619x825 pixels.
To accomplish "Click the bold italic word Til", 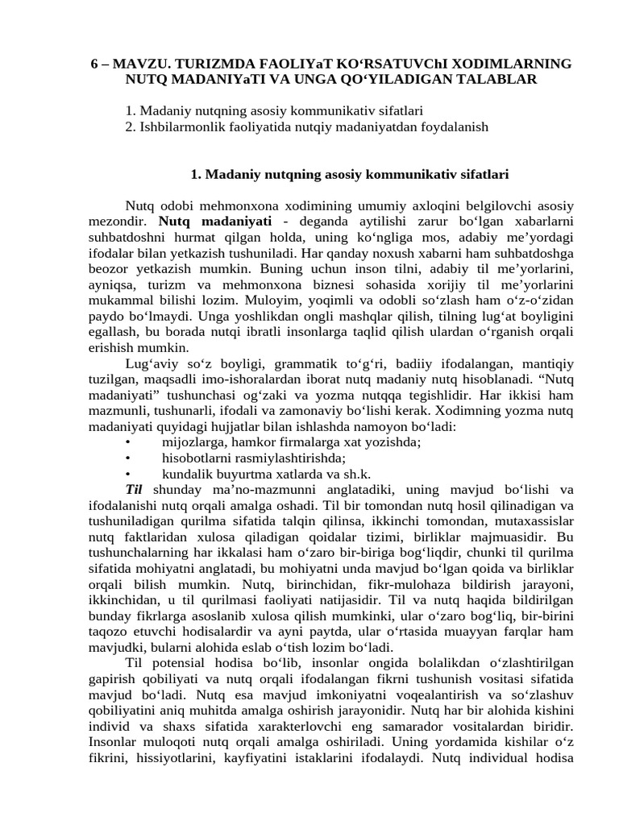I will click(134, 489).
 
